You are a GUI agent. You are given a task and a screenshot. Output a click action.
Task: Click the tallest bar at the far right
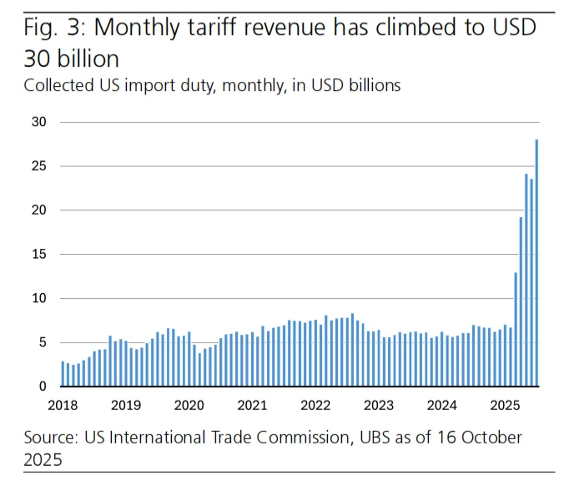pos(536,263)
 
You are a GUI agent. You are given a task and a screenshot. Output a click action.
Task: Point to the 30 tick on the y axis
pos(40,122)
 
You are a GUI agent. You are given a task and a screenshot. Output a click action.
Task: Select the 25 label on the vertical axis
pos(40,166)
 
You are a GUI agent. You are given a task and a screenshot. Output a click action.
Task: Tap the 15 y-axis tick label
pos(40,254)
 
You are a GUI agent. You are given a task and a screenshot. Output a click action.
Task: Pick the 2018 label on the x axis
pos(63,405)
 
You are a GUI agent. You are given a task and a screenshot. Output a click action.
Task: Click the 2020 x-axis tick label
pos(189,405)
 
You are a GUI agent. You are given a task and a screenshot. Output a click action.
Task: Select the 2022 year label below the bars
pos(315,405)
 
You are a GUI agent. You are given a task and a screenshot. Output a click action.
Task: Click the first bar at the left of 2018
pos(63,374)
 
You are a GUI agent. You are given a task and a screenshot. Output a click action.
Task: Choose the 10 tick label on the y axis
pos(40,298)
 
